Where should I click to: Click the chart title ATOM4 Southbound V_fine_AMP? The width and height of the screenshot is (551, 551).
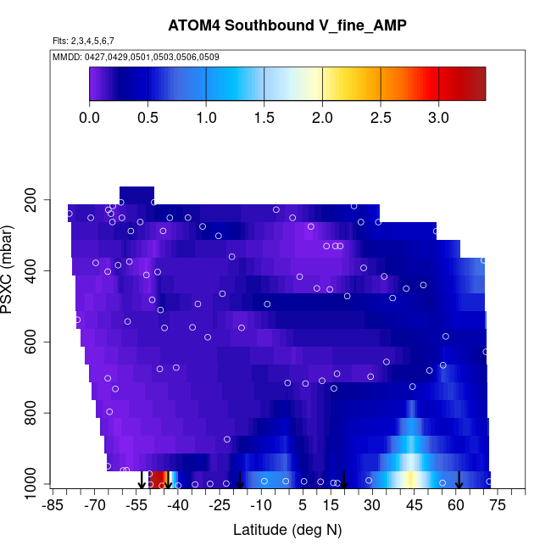287,25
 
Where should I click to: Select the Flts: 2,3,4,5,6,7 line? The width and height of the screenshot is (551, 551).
83,41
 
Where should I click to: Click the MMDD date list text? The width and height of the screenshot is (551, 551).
136,58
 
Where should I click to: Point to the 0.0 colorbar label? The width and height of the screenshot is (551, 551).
89,118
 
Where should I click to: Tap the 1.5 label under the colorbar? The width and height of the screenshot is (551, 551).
264,118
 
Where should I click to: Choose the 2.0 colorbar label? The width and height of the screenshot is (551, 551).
322,118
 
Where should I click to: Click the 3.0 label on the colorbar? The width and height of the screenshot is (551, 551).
438,118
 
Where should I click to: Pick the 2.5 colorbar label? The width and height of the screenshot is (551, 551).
381,118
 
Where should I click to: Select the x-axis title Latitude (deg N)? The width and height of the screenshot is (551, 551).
287,530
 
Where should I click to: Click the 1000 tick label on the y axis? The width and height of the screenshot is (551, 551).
32,484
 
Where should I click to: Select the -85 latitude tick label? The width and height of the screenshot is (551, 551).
53,505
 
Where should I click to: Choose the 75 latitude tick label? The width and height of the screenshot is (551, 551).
498,505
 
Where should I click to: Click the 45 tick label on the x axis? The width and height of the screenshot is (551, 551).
414,505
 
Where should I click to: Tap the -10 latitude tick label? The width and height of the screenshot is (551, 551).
261,505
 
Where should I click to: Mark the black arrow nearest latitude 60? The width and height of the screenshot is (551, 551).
459,480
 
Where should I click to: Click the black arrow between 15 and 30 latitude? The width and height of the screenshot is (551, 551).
344,480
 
